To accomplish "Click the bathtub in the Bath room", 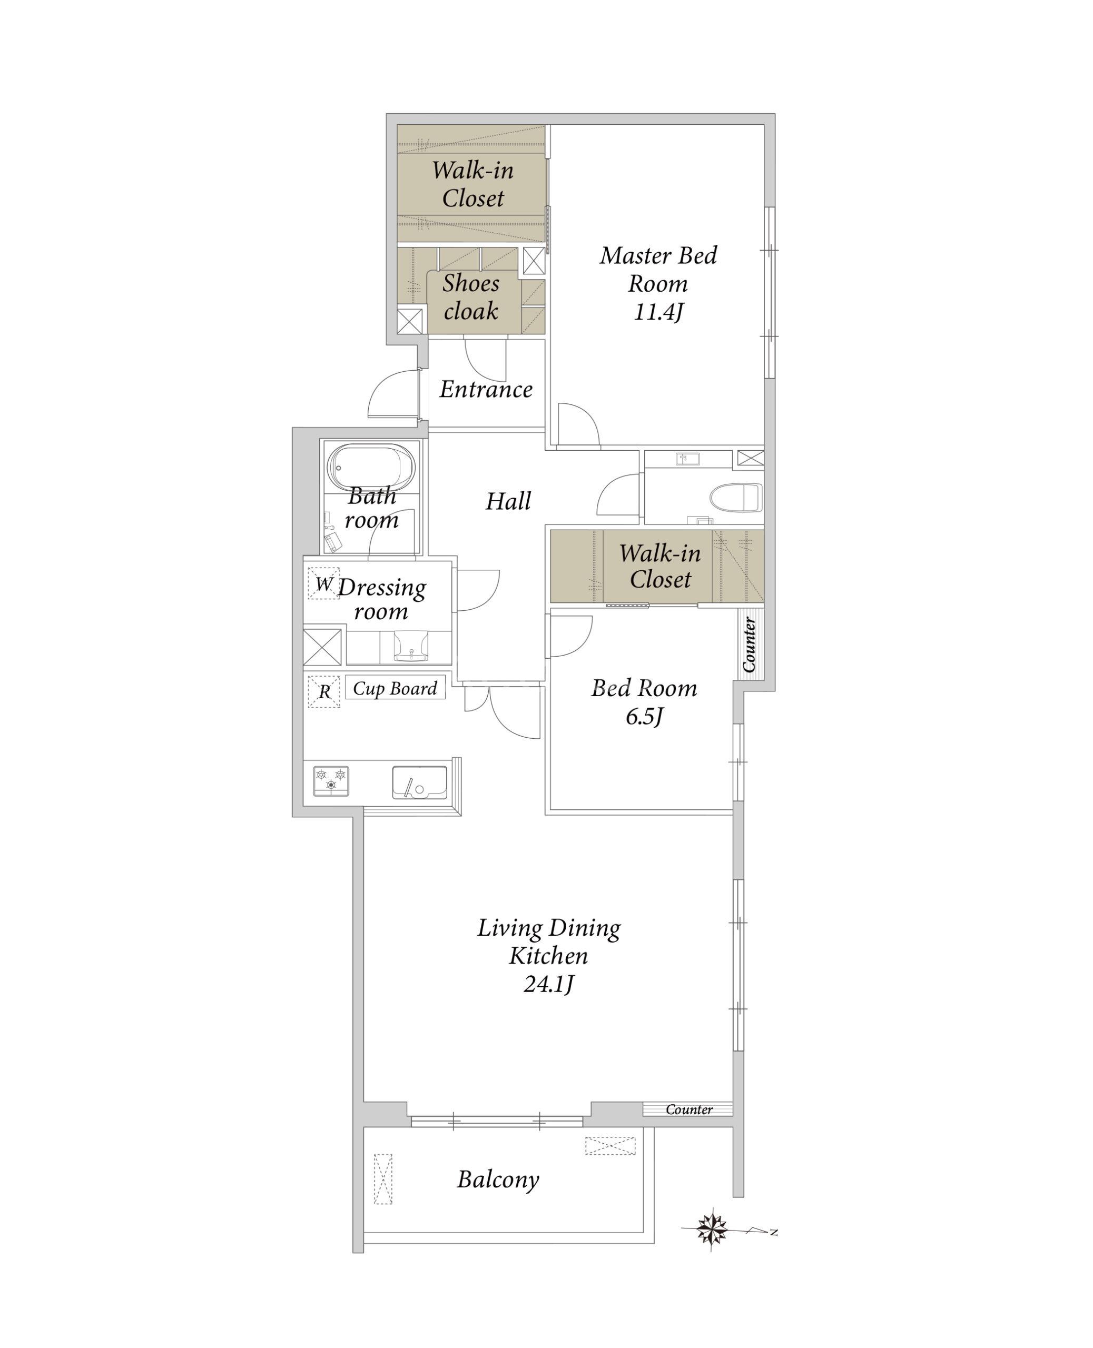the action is [x=371, y=468].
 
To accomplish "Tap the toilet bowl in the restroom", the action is [x=736, y=498].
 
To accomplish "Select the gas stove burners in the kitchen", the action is [x=331, y=781].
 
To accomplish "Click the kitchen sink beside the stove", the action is [x=420, y=782].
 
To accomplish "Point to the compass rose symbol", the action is [x=713, y=1227].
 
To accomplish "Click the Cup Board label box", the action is [x=395, y=688].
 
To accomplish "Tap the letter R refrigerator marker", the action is [x=324, y=691].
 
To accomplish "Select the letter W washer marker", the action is [x=323, y=583].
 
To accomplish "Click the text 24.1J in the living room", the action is [x=548, y=984].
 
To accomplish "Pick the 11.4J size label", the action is [x=658, y=312].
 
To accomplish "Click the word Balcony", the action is [x=498, y=1180].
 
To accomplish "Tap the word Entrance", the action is [x=486, y=389].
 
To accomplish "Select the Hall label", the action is [x=508, y=501].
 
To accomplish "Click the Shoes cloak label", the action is [x=471, y=296].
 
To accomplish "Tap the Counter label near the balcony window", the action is [x=689, y=1109].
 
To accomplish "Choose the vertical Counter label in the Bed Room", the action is [x=749, y=645].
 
